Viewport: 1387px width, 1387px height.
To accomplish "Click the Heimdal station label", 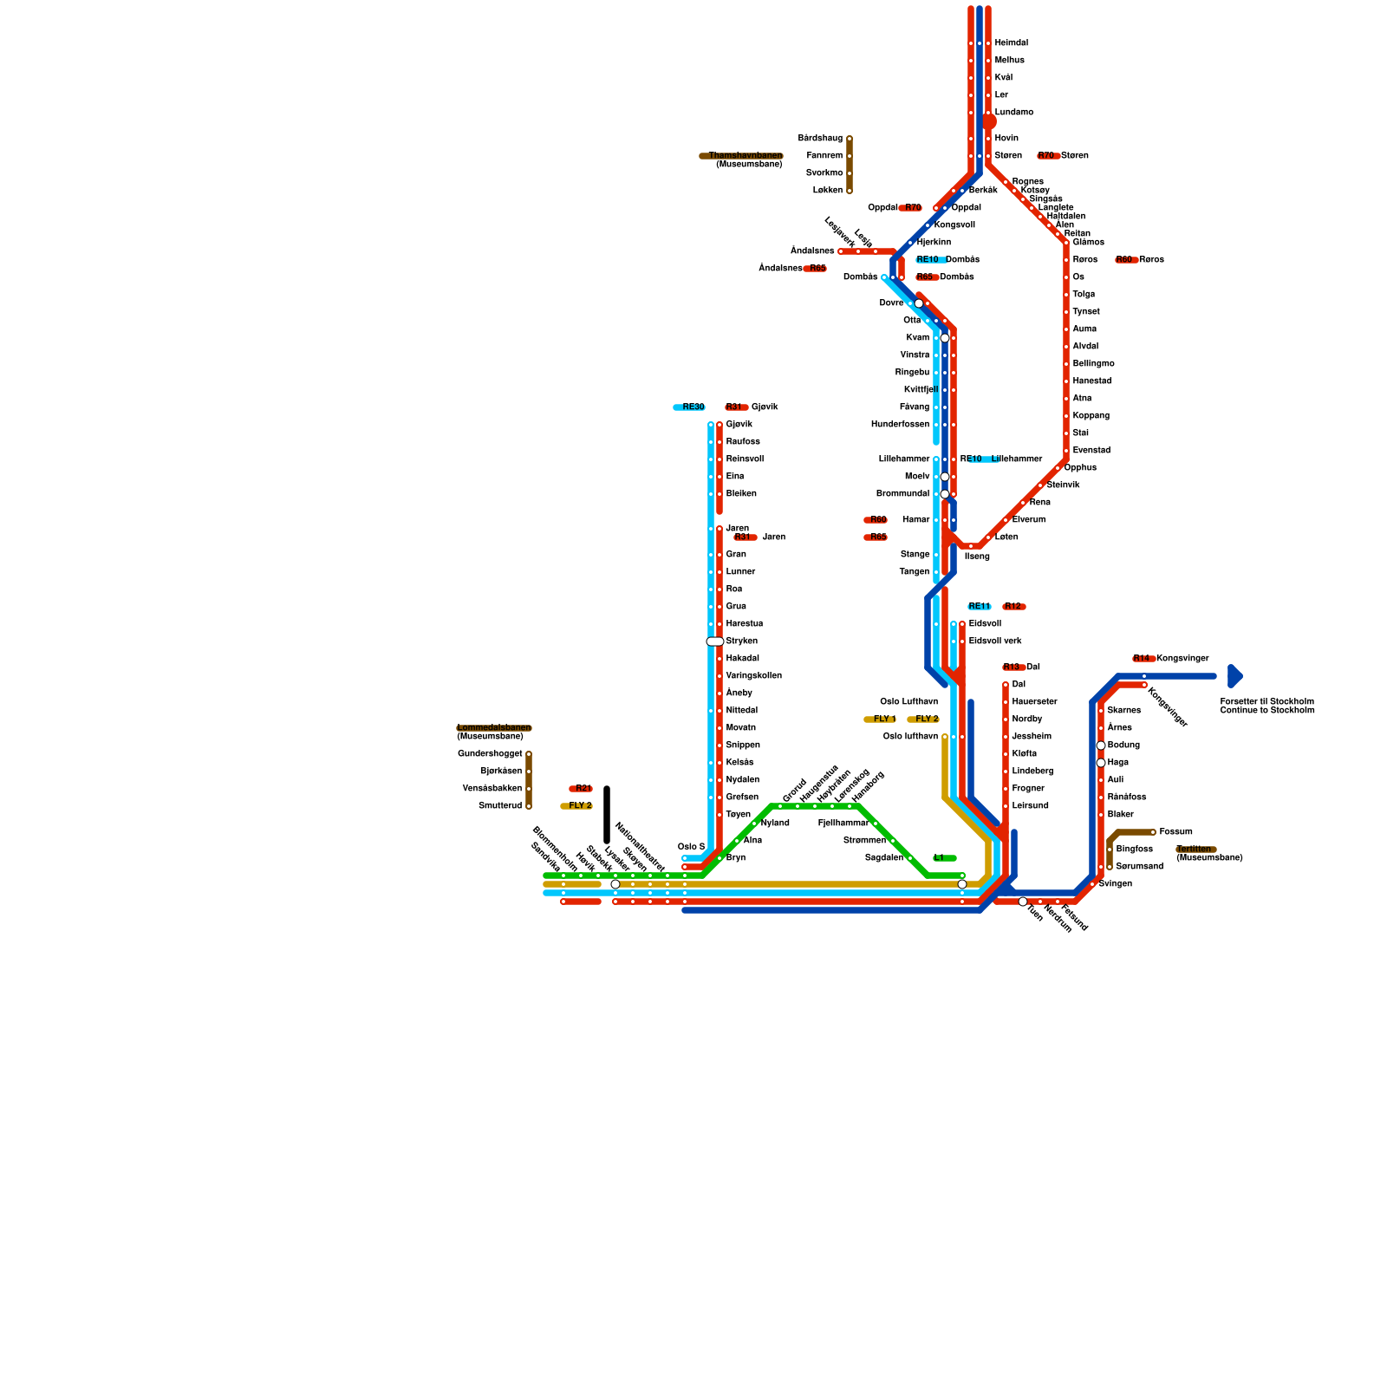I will pyautogui.click(x=1011, y=42).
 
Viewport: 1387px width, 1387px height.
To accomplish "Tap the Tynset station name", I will pyautogui.click(x=1085, y=311).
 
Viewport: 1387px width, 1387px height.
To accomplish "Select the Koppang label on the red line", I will pyautogui.click(x=1091, y=415).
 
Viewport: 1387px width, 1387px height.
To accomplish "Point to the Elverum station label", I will pyautogui.click(x=1028, y=519).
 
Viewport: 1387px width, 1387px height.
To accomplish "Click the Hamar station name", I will pyautogui.click(x=915, y=519).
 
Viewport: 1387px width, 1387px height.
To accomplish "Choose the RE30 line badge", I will pyautogui.click(x=690, y=407).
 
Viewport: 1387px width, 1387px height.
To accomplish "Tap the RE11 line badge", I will pyautogui.click(x=979, y=606).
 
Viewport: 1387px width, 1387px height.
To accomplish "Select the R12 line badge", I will pyautogui.click(x=1013, y=606).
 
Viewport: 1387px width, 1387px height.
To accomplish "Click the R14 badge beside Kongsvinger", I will pyautogui.click(x=1143, y=659).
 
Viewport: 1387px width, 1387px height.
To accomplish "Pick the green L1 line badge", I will pyautogui.click(x=943, y=857).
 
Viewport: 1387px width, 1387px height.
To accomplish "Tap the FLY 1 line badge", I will pyautogui.click(x=881, y=719).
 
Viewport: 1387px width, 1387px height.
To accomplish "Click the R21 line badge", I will pyautogui.click(x=581, y=788).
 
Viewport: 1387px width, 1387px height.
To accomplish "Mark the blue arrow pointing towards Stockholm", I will pyautogui.click(x=1235, y=675).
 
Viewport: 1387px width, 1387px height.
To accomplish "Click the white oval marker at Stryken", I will pyautogui.click(x=715, y=641).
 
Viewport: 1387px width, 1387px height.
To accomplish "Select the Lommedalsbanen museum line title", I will pyautogui.click(x=493, y=727).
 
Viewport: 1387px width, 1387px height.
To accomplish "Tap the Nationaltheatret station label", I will pyautogui.click(x=639, y=845).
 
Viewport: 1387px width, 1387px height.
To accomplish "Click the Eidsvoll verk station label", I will pyautogui.click(x=995, y=641).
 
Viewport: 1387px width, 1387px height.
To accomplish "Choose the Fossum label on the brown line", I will pyautogui.click(x=1175, y=831).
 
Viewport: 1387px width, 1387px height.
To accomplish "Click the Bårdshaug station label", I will pyautogui.click(x=820, y=138).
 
